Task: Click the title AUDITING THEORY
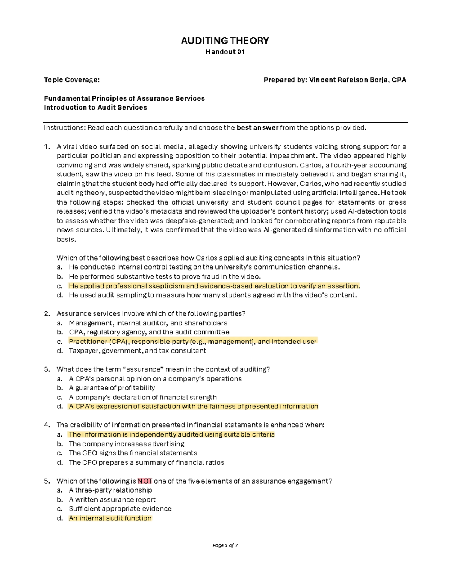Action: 225,41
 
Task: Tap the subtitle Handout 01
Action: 225,52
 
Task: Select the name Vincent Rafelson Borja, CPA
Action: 357,80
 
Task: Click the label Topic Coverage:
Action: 72,80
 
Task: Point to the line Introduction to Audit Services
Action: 95,107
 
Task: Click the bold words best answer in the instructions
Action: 257,128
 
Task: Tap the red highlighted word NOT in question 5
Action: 145,481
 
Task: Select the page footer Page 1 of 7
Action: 225,545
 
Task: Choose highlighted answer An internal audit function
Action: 110,518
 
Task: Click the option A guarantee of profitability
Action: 112,388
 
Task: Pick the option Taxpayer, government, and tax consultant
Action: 137,351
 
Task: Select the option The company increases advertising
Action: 126,444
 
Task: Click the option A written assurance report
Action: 112,500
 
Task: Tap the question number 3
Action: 47,369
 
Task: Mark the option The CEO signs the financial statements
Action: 133,453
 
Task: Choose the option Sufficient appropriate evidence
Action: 120,509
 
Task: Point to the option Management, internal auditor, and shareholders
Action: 148,323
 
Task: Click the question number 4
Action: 47,425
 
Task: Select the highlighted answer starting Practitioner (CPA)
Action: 192,341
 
